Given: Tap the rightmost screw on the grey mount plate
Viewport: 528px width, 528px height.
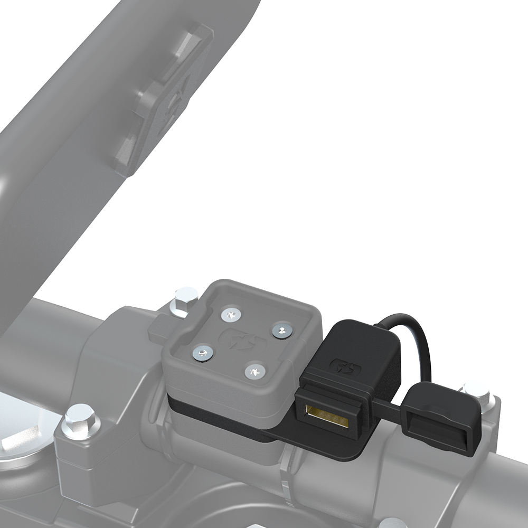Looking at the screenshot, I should [282, 331].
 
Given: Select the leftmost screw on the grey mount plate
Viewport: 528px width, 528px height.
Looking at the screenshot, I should [202, 353].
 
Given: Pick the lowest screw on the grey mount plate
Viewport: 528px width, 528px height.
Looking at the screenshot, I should [254, 371].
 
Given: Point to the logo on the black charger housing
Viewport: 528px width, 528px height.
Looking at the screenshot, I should [341, 364].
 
